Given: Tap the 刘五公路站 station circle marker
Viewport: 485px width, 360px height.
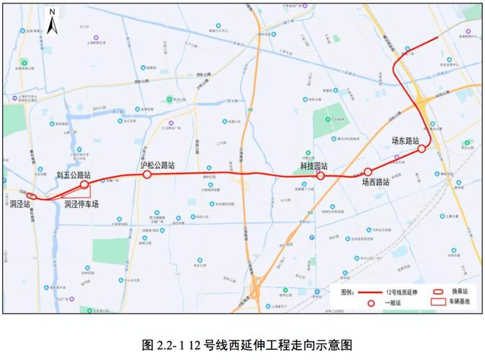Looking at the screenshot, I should click(x=84, y=185).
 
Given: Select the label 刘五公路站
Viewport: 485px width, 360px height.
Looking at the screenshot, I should click(x=74, y=174).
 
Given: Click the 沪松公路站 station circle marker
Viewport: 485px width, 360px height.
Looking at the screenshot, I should click(x=147, y=174).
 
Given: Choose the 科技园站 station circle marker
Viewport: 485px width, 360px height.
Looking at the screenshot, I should click(x=321, y=175).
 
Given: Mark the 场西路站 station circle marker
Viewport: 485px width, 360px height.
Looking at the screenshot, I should click(x=368, y=172).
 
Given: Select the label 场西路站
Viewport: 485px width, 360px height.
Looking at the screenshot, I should click(x=375, y=183).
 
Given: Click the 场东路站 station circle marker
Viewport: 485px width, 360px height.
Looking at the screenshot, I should click(x=422, y=150).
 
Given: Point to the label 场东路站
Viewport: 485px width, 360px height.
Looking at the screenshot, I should click(x=406, y=140).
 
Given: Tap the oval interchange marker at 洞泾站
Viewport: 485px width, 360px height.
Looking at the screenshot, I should click(x=31, y=196).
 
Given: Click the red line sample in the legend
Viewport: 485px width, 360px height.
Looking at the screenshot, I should click(x=370, y=292).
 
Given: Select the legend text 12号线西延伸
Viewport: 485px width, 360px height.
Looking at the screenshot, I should click(x=404, y=292).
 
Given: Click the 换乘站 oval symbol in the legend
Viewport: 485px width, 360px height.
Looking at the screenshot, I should click(x=437, y=292).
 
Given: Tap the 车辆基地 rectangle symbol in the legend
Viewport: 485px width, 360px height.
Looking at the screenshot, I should click(x=437, y=302).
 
